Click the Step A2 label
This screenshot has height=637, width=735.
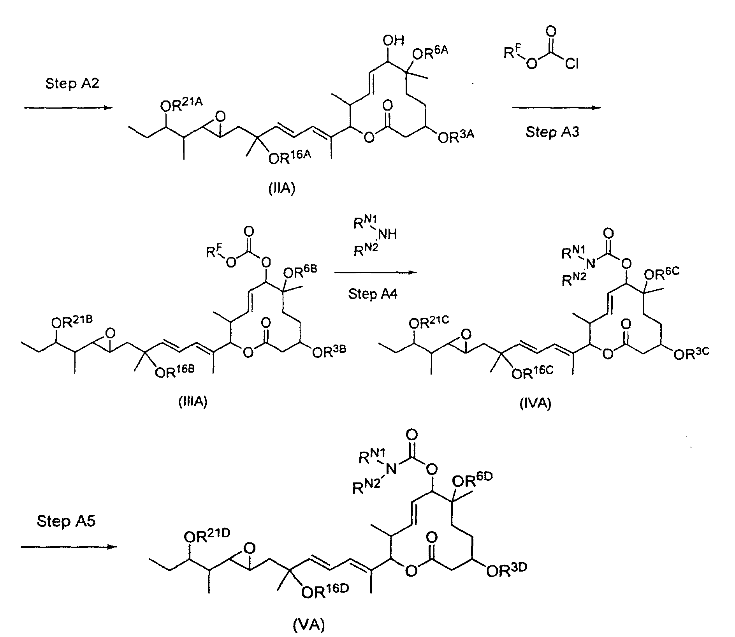72,84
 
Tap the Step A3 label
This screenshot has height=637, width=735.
552,132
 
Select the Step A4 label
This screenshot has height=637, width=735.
373,294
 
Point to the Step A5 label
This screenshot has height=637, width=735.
66,521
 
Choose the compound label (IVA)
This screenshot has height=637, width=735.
536,404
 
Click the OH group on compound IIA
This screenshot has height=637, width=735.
394,40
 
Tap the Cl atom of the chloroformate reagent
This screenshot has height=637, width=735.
571,63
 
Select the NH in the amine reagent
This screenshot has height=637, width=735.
387,234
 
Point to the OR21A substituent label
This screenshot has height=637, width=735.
181,105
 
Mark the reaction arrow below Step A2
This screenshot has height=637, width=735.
68,108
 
